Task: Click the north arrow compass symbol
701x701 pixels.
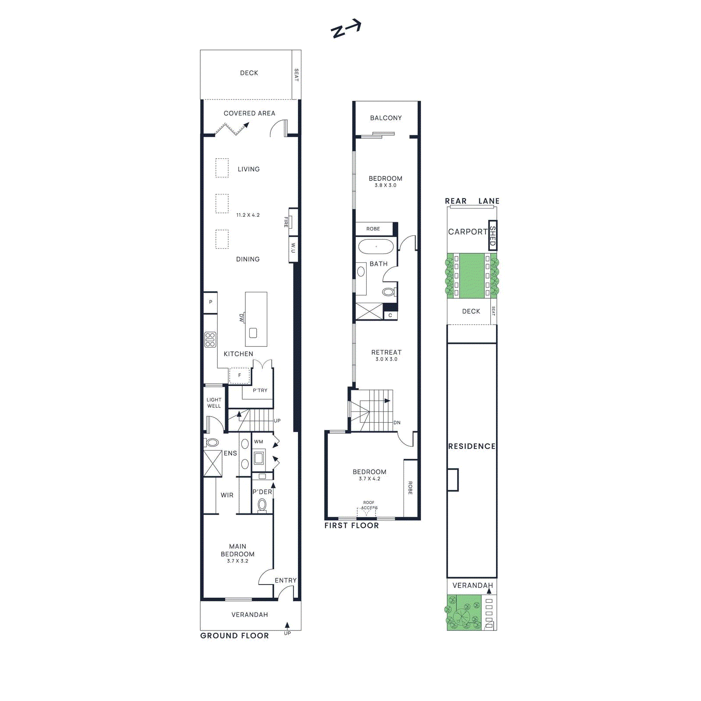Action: click(x=346, y=29)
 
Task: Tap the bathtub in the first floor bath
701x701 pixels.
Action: click(x=376, y=247)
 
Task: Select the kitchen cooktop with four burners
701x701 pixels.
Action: click(x=210, y=340)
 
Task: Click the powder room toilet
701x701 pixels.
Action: click(x=262, y=505)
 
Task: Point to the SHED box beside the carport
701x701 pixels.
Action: click(x=492, y=235)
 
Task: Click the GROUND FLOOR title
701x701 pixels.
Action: click(x=234, y=636)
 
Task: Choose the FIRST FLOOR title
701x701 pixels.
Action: click(x=351, y=525)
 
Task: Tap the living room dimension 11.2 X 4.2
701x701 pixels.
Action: click(x=248, y=215)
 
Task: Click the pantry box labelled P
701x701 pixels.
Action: click(x=211, y=302)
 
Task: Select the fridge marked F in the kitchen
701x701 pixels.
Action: click(x=239, y=375)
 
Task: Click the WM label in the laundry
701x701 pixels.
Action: click(x=258, y=442)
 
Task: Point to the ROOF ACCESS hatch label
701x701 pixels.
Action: click(x=369, y=505)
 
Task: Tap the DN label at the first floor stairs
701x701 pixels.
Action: click(x=397, y=423)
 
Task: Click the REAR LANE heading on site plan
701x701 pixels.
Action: click(x=472, y=201)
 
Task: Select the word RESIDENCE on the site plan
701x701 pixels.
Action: click(x=471, y=446)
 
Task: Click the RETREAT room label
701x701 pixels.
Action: click(x=386, y=352)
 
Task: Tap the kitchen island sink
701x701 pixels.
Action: click(x=253, y=333)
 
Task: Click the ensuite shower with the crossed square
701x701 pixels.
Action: click(x=213, y=463)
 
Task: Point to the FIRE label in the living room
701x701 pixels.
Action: click(x=286, y=222)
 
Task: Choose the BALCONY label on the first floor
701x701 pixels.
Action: click(x=386, y=118)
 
